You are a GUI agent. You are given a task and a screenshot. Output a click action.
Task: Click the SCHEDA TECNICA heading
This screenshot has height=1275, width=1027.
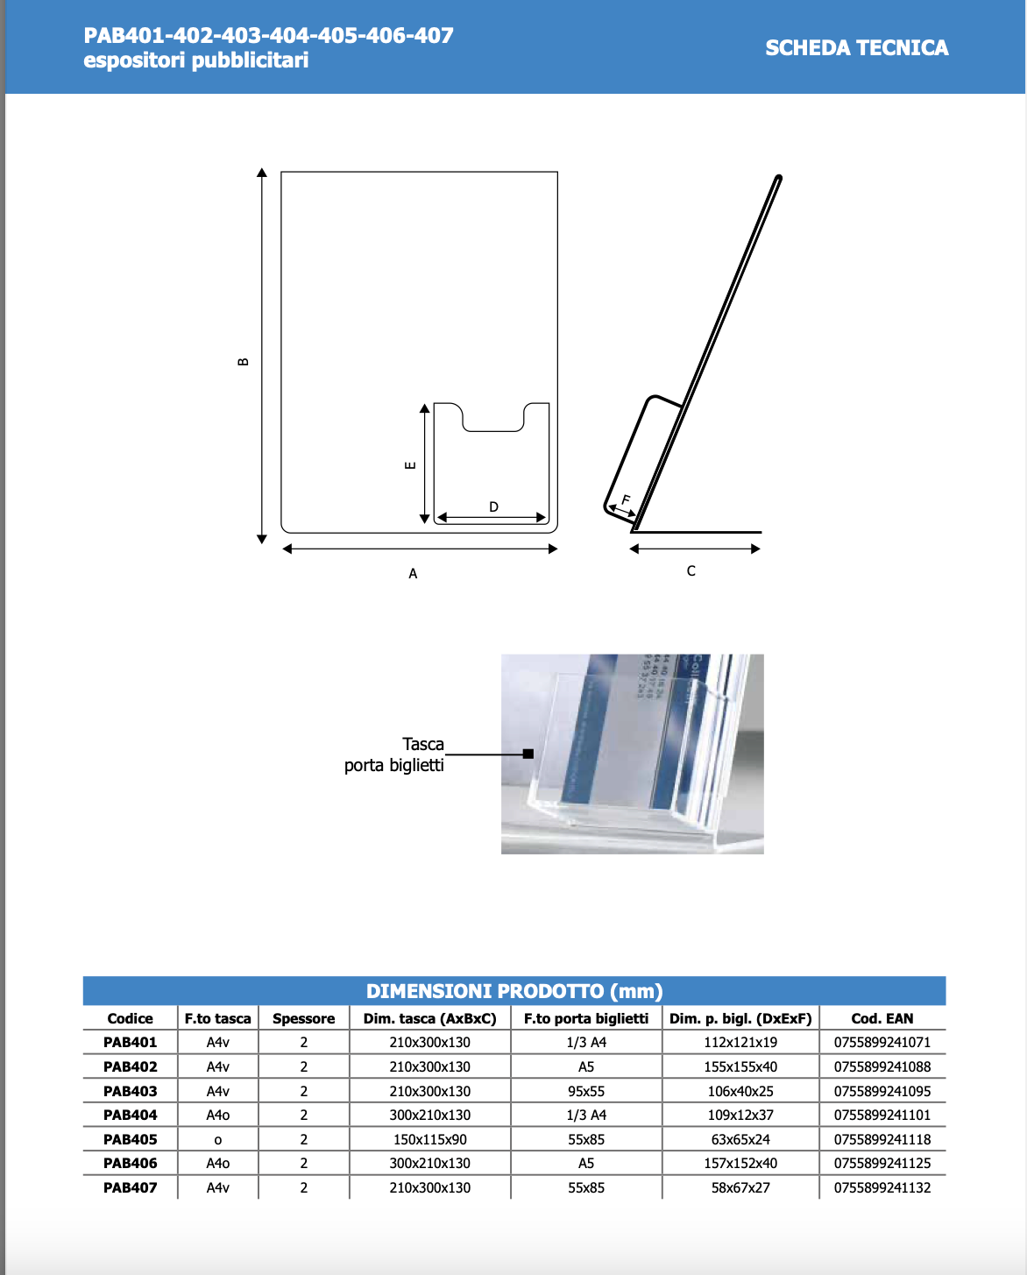click(x=856, y=48)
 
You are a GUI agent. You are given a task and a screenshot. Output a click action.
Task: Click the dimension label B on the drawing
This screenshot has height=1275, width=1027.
click(x=244, y=362)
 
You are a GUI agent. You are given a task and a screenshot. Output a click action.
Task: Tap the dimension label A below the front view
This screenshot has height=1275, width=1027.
click(x=413, y=574)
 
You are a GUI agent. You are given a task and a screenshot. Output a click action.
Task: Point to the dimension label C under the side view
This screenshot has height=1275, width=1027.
click(x=691, y=571)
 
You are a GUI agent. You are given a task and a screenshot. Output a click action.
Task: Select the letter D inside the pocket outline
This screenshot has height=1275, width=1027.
click(x=493, y=507)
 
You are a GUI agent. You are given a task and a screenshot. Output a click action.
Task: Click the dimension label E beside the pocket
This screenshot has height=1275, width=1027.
click(x=410, y=465)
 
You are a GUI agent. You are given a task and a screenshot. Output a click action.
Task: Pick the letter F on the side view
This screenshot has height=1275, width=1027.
click(x=626, y=500)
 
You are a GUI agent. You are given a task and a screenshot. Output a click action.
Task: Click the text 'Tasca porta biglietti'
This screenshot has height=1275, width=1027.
click(x=394, y=754)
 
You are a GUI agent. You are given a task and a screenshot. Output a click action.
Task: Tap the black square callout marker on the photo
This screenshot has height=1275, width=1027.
click(x=528, y=754)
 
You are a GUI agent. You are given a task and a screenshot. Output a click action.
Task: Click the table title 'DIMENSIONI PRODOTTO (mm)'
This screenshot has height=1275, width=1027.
click(x=514, y=991)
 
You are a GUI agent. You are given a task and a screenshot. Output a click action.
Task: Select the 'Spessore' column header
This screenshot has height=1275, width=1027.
click(x=303, y=1018)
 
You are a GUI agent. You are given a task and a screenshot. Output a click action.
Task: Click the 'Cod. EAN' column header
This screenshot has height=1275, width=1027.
click(x=882, y=1018)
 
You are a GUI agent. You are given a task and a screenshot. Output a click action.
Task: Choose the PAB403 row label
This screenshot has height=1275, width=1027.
click(x=131, y=1091)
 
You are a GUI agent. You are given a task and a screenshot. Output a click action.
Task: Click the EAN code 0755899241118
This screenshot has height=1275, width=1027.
click(x=882, y=1139)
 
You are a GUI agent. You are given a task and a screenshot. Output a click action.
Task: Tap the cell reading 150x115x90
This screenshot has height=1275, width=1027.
click(x=429, y=1139)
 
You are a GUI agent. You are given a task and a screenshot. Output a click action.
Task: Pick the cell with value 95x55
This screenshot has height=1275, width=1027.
click(x=586, y=1091)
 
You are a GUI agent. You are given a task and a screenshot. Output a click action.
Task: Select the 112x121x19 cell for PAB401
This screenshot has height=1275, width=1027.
click(x=740, y=1043)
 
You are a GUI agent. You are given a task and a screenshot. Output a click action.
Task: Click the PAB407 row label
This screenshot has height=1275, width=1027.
click(x=131, y=1187)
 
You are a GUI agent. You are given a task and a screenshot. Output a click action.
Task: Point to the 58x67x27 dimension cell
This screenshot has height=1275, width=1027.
click(x=740, y=1187)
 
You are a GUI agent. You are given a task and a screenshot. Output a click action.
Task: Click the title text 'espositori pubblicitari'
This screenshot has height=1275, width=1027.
click(x=196, y=60)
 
